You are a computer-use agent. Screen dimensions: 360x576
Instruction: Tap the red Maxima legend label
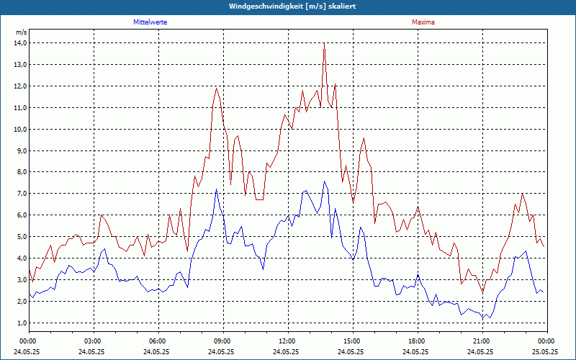coord(423,22)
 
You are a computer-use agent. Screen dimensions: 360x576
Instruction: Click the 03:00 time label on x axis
coord(94,341)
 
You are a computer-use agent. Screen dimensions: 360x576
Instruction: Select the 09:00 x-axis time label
coord(222,341)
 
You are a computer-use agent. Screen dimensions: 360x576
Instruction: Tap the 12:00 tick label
coord(287,341)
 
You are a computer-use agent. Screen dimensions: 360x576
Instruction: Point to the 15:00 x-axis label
coord(352,341)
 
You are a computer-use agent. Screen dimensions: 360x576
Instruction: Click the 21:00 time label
coord(481,341)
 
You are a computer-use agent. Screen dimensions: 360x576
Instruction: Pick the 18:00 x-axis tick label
coord(416,341)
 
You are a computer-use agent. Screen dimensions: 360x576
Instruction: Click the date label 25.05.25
coord(546,351)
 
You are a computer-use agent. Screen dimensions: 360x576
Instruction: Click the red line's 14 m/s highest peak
coord(324,43)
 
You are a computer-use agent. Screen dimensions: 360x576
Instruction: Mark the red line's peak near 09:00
coord(216,88)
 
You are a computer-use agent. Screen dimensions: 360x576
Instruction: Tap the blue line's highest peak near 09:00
coord(216,189)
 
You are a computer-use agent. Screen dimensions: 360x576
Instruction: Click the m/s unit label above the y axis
coord(21,32)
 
